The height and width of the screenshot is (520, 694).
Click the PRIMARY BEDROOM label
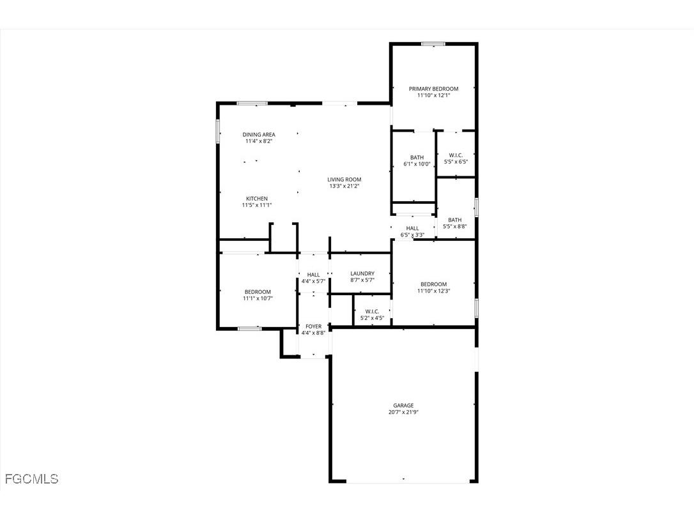[x=433, y=89]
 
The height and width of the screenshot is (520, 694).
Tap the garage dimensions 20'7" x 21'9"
[x=403, y=413]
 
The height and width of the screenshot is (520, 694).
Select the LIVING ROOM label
[x=344, y=180]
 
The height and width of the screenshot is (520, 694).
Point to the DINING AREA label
[x=259, y=135]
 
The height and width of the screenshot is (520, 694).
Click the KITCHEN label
[x=257, y=199]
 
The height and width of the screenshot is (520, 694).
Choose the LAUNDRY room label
[x=362, y=273]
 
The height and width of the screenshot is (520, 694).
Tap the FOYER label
[x=313, y=326]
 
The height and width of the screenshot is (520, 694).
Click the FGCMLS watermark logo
[x=31, y=478]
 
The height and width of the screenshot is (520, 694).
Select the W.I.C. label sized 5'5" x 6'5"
[x=456, y=155]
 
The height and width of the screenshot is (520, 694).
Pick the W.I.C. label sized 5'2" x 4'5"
[x=372, y=311]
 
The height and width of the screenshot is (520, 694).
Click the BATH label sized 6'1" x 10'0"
[x=417, y=157]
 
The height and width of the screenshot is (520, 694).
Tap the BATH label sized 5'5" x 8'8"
[x=454, y=220]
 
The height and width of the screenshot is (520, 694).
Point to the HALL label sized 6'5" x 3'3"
[x=412, y=228]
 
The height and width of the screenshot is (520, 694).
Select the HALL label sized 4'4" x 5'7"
[x=313, y=275]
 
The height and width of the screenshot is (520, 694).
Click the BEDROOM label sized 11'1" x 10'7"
[x=258, y=292]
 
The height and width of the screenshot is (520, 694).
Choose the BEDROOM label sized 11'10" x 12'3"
[x=433, y=284]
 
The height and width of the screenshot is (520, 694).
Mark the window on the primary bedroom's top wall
[x=433, y=44]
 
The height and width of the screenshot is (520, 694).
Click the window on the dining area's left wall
[x=219, y=131]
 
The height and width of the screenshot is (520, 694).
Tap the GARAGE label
[x=403, y=405]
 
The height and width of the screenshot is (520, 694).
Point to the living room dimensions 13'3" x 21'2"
[x=344, y=187]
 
